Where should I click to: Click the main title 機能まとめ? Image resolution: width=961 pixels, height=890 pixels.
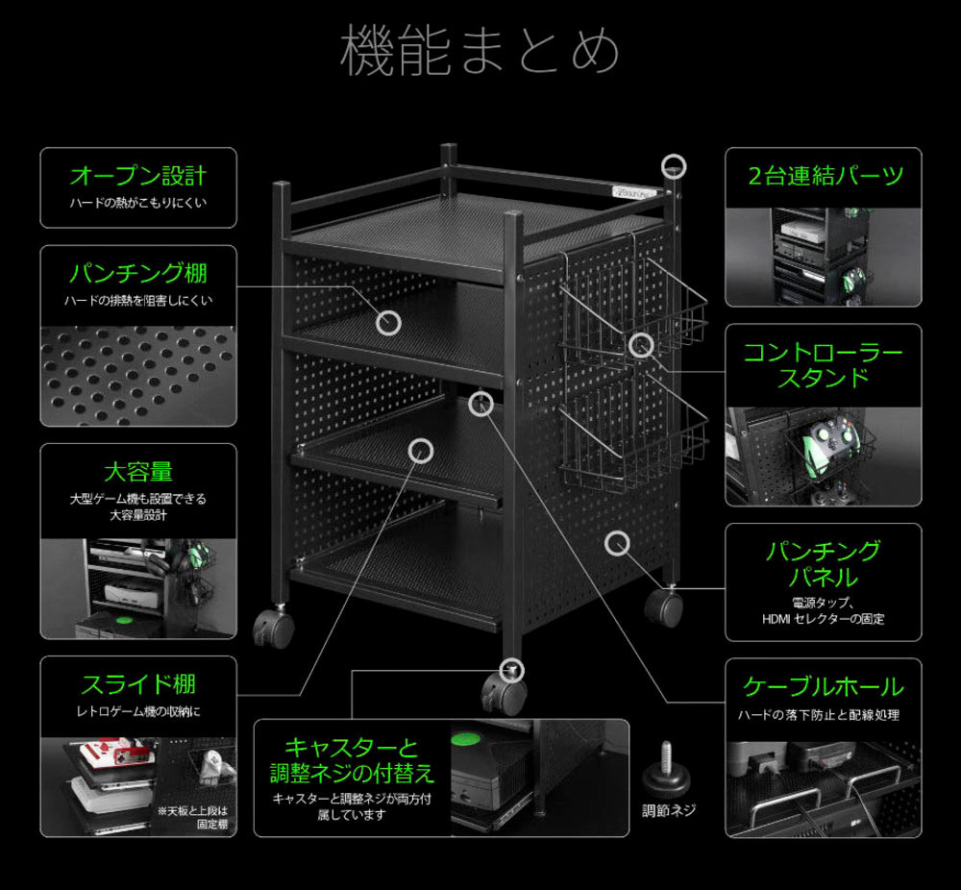click(480, 51)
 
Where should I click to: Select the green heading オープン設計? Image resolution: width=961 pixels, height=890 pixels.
click(138, 177)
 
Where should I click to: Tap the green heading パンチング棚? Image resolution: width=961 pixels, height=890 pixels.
click(138, 273)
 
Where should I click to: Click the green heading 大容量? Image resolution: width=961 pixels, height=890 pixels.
click(138, 472)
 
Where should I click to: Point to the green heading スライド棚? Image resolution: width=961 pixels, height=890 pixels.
click(138, 684)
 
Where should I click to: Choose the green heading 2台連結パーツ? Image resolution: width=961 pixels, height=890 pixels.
click(824, 177)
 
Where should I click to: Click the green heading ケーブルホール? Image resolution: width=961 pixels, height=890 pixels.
click(824, 687)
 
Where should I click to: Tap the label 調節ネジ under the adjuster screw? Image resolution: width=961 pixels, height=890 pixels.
click(669, 810)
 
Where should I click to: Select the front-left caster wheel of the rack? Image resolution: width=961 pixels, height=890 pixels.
click(273, 630)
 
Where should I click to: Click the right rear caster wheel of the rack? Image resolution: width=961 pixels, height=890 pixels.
click(663, 606)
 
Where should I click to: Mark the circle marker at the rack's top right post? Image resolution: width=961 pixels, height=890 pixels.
click(676, 166)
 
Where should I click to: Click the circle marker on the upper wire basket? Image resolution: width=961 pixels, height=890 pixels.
click(641, 344)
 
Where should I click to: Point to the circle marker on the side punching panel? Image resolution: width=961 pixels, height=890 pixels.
click(617, 543)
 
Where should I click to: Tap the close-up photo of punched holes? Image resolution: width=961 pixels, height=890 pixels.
click(138, 375)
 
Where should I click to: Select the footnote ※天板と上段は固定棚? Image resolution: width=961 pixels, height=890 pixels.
click(196, 817)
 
